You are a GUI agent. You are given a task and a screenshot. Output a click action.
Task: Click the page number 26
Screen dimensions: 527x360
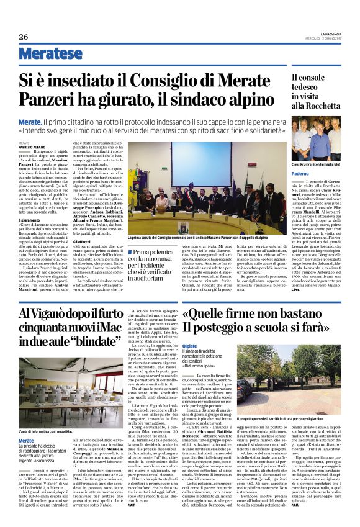click(23, 36)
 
